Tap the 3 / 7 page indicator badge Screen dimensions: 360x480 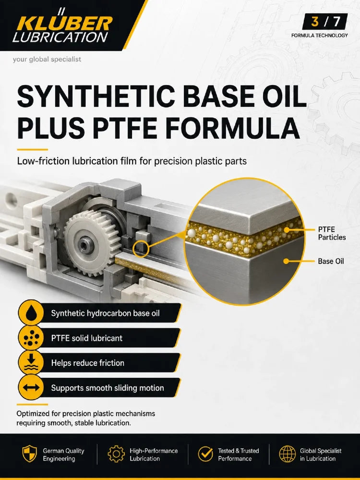325,22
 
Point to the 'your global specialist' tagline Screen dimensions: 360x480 47,59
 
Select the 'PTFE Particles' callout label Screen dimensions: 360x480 332,233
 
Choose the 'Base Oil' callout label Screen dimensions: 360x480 331,261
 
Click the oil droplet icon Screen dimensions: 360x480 31,312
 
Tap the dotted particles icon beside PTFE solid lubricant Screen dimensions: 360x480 31,337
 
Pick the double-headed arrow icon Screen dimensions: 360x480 31,387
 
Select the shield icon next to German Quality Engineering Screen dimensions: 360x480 30,454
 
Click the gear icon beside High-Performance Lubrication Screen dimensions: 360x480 116,454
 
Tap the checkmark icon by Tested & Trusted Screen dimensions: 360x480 205,454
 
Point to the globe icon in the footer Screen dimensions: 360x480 288,454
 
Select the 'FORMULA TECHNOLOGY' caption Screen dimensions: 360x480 319,36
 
